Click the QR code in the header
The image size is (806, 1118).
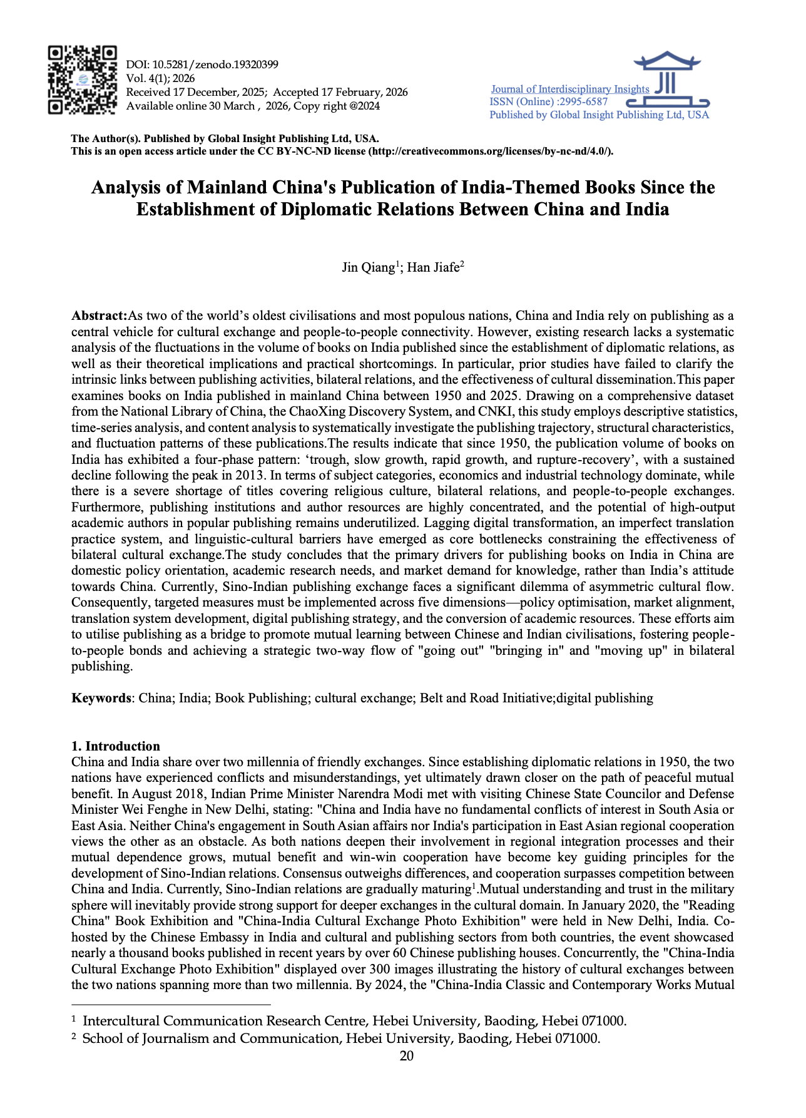[83, 79]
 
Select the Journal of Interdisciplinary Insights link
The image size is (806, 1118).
[569, 89]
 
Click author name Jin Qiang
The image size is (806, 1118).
[368, 268]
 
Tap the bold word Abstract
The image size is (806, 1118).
[99, 315]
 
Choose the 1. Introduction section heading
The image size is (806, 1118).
[116, 746]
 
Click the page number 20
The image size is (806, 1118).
[407, 1057]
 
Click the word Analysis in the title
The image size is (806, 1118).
[130, 187]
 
